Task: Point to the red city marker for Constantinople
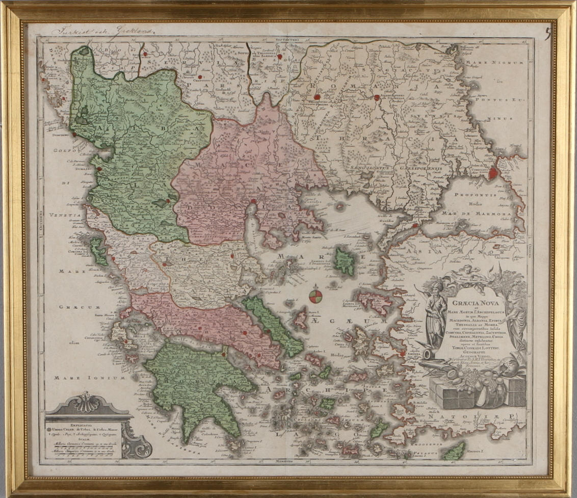[x=493, y=173]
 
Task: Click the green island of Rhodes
[x=454, y=450]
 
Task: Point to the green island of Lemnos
[x=345, y=261]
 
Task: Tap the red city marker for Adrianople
[x=377, y=97]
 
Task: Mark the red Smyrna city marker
[x=403, y=353]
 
